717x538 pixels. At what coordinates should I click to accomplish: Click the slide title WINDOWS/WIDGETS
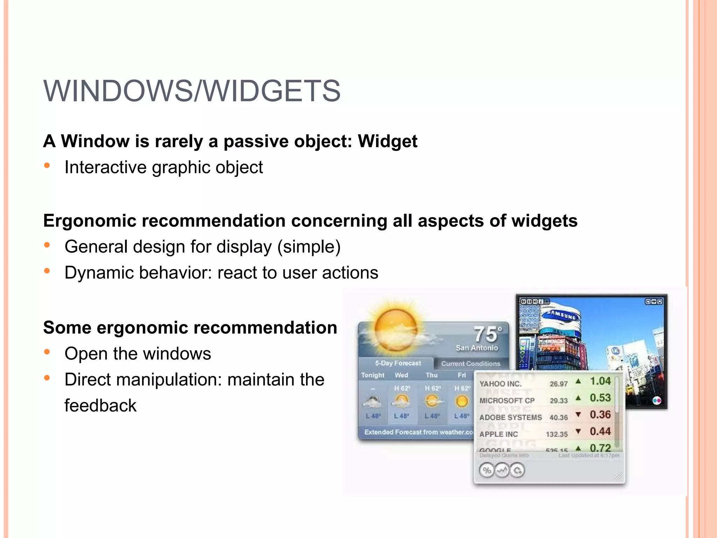tap(192, 91)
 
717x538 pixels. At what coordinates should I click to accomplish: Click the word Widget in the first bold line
tap(387, 141)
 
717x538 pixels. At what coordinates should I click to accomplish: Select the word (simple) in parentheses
tap(309, 247)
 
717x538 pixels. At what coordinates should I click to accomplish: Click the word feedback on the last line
tap(100, 406)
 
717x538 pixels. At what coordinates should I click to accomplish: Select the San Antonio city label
tap(476, 348)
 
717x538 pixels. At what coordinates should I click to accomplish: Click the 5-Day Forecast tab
tap(398, 363)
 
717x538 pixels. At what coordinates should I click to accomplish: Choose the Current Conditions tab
tap(471, 364)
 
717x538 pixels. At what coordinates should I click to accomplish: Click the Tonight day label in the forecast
tap(373, 375)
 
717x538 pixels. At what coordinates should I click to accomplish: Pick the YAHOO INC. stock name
tap(500, 384)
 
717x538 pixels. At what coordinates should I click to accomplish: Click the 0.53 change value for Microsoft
tap(600, 398)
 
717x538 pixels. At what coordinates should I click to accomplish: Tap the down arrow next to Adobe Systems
tap(578, 415)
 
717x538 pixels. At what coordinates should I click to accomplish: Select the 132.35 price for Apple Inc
tap(557, 434)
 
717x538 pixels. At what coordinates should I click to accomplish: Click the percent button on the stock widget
tap(487, 470)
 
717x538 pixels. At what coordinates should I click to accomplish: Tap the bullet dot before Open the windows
tap(47, 352)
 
